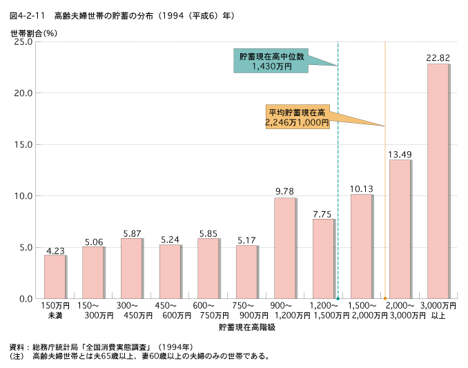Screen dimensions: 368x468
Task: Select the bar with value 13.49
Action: point(400,229)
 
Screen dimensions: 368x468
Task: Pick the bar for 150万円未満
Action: point(55,277)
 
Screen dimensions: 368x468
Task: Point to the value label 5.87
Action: point(132,233)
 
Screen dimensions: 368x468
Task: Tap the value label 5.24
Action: point(170,239)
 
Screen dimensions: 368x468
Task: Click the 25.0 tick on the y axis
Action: point(23,41)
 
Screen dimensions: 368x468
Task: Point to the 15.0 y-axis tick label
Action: point(23,144)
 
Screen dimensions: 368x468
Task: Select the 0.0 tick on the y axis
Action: point(26,298)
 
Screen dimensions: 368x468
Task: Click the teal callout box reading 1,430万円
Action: point(272,61)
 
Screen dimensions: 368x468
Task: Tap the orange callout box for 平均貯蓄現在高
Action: point(297,116)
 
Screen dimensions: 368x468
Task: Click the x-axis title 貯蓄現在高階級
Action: point(246,327)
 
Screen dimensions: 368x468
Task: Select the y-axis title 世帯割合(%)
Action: point(33,32)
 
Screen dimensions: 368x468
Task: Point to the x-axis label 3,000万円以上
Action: point(438,311)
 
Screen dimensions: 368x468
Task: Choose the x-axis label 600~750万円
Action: point(208,311)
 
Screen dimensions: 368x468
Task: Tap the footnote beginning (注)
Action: point(138,356)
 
